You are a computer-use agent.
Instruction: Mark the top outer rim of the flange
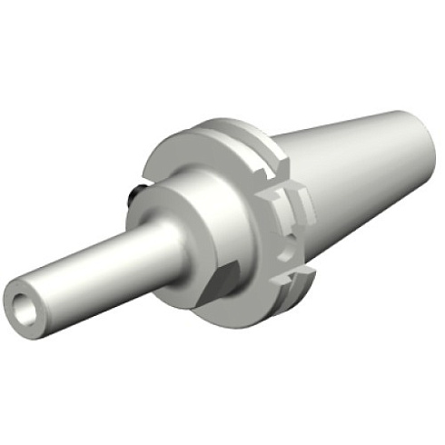coord(218,122)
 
